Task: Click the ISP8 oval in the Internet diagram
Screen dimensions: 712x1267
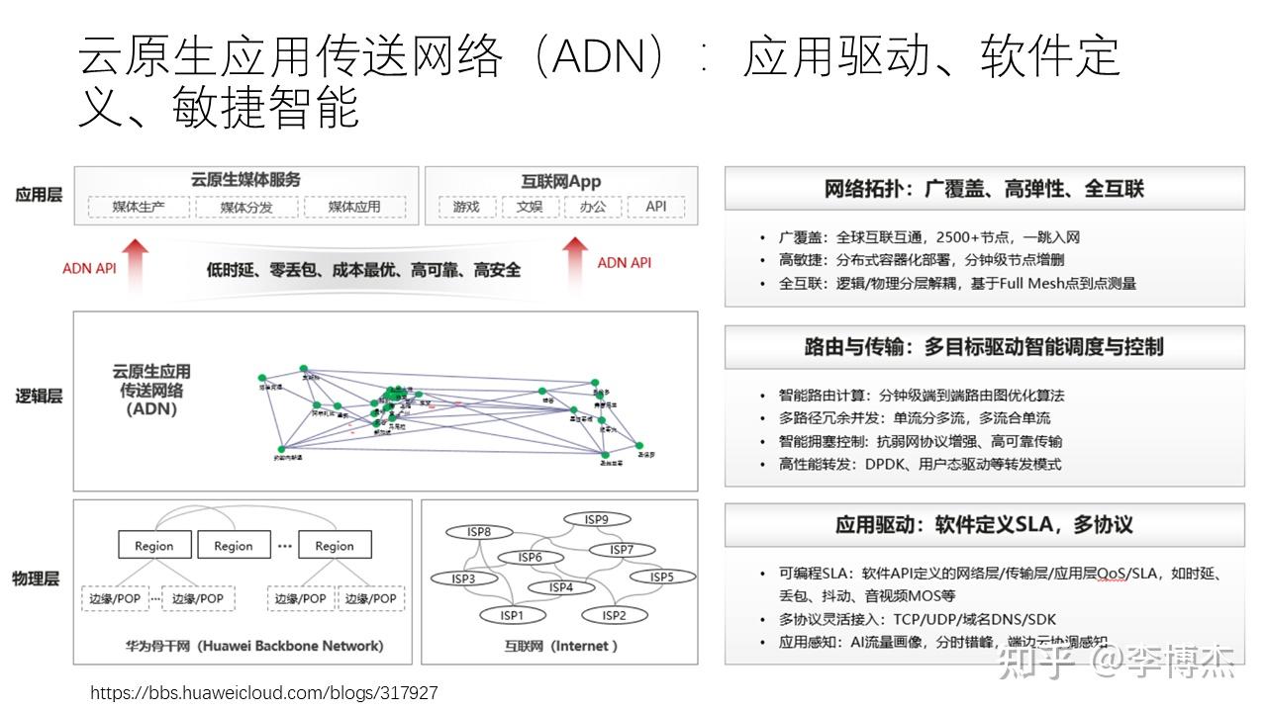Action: pyautogui.click(x=479, y=532)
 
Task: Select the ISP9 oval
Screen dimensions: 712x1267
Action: pyautogui.click(x=596, y=519)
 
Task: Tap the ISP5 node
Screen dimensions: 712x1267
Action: pyautogui.click(x=661, y=577)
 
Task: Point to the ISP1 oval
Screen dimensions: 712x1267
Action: pyautogui.click(x=511, y=615)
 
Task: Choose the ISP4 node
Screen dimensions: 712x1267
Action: pyautogui.click(x=561, y=587)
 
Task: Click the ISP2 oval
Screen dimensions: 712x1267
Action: pyautogui.click(x=614, y=615)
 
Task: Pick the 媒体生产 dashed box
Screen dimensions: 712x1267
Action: pyautogui.click(x=138, y=207)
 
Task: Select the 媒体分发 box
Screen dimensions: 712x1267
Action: pyautogui.click(x=245, y=207)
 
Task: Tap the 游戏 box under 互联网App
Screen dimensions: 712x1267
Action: pyautogui.click(x=466, y=207)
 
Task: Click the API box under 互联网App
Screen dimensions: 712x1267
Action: pyautogui.click(x=655, y=207)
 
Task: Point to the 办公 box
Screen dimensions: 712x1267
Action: pyautogui.click(x=593, y=207)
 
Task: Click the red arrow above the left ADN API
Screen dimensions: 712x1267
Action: pyautogui.click(x=135, y=259)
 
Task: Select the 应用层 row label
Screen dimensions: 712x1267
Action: pyautogui.click(x=39, y=195)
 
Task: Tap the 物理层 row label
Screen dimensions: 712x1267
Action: pyautogui.click(x=37, y=578)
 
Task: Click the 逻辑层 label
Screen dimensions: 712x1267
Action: pyautogui.click(x=39, y=396)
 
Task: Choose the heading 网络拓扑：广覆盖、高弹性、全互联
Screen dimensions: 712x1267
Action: pyautogui.click(x=984, y=189)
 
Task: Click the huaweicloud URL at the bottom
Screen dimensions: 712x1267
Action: pyautogui.click(x=264, y=693)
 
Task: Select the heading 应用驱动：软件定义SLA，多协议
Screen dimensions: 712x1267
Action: pyautogui.click(x=984, y=524)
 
